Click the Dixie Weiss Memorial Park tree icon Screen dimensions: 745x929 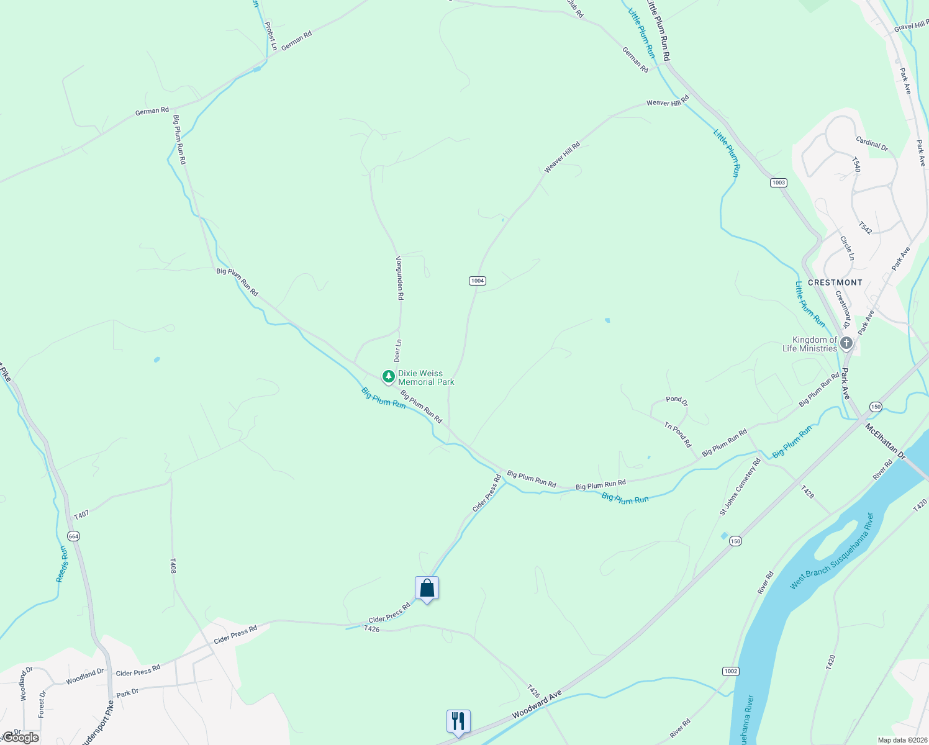click(388, 376)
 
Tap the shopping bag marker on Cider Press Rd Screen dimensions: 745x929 click(427, 588)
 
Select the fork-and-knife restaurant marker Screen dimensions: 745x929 click(458, 721)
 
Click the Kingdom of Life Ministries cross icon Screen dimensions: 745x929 click(846, 343)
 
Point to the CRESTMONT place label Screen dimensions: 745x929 click(835, 282)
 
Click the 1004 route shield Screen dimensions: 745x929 click(477, 281)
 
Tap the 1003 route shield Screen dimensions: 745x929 click(778, 183)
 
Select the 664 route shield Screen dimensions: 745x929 click(74, 536)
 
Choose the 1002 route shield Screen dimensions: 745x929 click(731, 671)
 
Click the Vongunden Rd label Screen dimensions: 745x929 click(400, 278)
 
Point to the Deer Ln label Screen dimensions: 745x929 click(398, 350)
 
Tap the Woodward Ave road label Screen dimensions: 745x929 click(537, 704)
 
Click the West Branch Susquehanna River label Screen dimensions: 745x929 click(832, 551)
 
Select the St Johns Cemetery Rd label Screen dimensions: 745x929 click(740, 487)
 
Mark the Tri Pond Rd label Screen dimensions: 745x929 click(677, 435)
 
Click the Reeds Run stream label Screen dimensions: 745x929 click(62, 564)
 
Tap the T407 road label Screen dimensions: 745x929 click(81, 515)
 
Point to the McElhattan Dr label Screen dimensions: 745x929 click(886, 443)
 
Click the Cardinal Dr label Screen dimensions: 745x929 click(872, 144)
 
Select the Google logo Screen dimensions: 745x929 click(21, 738)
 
